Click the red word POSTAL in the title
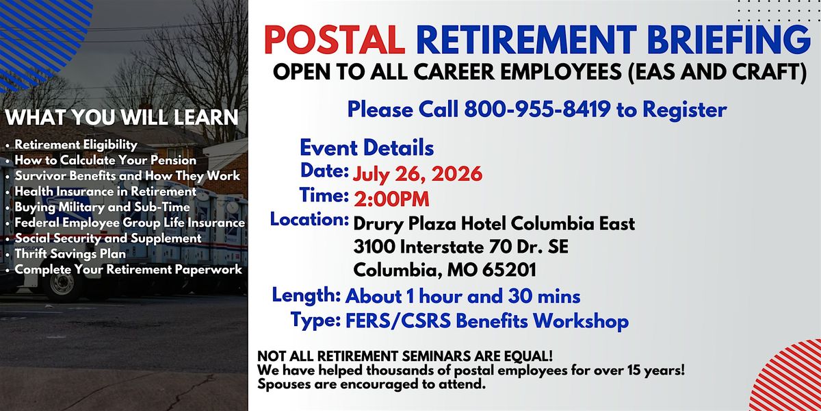(x=335, y=40)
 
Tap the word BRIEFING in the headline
(x=729, y=40)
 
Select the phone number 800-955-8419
(x=537, y=110)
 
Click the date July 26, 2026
(x=417, y=174)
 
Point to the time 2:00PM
(x=391, y=199)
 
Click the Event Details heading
(x=367, y=148)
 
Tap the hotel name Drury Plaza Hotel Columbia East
(x=494, y=224)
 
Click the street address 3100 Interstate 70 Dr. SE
(x=460, y=247)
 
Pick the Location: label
(x=309, y=219)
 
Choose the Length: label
(x=307, y=295)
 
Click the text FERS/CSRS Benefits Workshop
(x=487, y=321)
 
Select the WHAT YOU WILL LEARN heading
(x=122, y=117)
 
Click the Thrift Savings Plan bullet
(x=70, y=254)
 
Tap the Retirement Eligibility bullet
(x=76, y=145)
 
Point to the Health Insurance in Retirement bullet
(x=105, y=192)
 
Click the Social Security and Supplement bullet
(x=108, y=238)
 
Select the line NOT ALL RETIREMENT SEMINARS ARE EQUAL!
(x=405, y=356)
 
